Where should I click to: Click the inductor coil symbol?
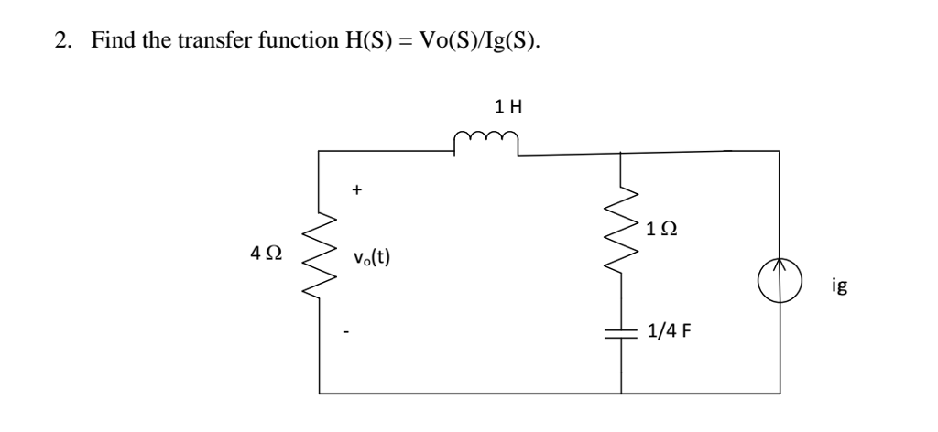pyautogui.click(x=486, y=142)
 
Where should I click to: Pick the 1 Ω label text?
pyautogui.click(x=661, y=227)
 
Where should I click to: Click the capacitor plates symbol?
pyautogui.click(x=621, y=331)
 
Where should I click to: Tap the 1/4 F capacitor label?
pyautogui.click(x=668, y=331)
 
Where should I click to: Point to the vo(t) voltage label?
pyautogui.click(x=371, y=257)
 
